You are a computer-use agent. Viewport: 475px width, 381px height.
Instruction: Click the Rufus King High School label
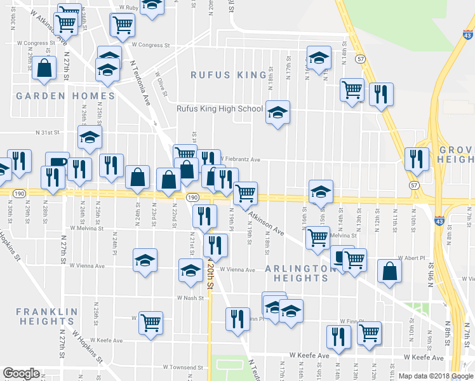click(220, 109)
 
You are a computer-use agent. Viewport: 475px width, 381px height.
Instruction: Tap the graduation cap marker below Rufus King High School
click(278, 113)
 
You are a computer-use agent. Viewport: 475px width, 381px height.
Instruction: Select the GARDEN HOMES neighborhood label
click(65, 96)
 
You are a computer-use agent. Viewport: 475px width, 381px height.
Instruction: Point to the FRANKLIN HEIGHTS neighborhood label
click(46, 317)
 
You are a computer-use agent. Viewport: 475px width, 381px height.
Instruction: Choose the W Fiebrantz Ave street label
click(241, 159)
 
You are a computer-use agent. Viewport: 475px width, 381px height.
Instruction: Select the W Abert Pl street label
click(411, 258)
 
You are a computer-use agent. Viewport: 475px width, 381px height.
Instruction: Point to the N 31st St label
click(46, 133)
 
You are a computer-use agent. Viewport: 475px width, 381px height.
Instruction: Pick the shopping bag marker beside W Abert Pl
click(389, 271)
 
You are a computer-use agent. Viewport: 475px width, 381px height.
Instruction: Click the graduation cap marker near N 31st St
click(90, 138)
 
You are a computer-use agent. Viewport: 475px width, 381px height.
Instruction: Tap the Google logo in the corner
click(21, 373)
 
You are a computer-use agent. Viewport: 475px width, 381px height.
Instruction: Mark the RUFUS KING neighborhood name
click(229, 75)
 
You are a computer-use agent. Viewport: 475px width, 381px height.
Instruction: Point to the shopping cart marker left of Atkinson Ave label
click(245, 193)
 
